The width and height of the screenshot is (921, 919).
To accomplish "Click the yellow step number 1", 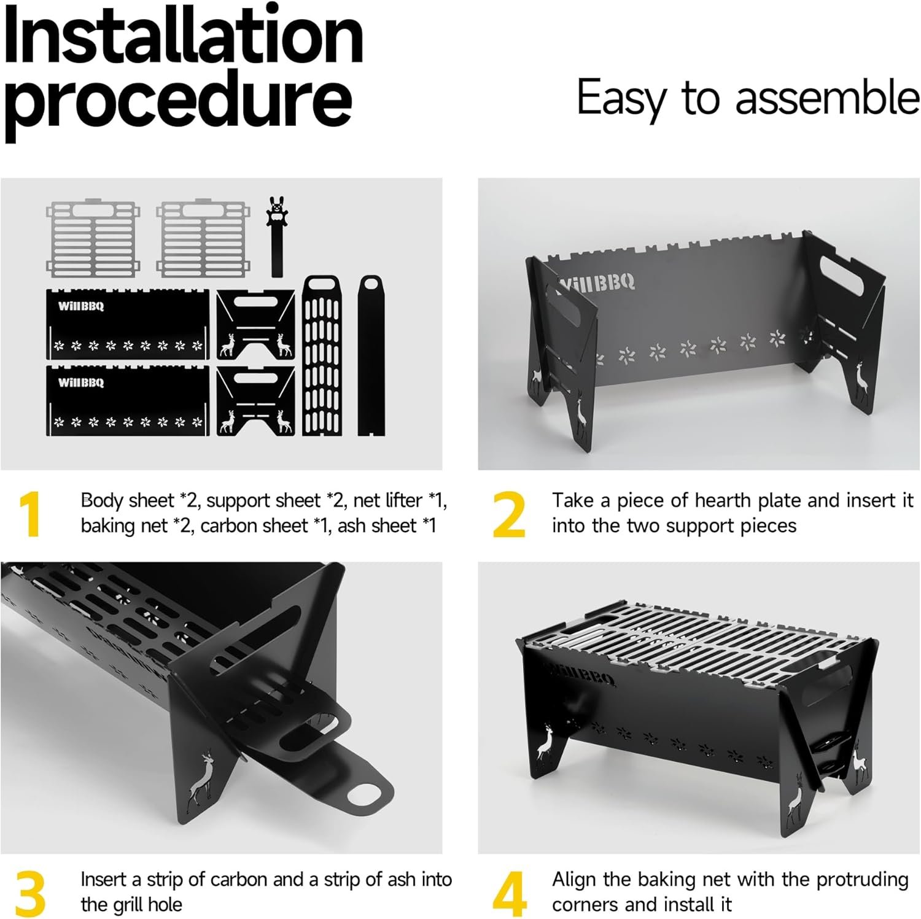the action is (29, 514).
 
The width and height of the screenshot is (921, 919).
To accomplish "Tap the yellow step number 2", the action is (509, 514).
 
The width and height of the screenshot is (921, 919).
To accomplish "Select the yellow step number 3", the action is (30, 893).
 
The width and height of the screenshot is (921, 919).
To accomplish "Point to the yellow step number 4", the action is (509, 893).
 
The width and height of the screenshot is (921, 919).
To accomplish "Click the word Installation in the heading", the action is (184, 35).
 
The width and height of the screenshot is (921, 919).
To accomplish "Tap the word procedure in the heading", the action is (179, 101).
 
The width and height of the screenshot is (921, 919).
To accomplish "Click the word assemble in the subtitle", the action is (828, 98).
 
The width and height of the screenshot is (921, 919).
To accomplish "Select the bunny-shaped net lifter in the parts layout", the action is (278, 236).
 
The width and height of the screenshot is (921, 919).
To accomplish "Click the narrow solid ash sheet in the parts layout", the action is (371, 356).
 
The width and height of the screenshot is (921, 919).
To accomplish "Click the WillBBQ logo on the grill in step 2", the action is (596, 283).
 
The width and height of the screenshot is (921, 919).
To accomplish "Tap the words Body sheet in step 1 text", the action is (127, 501).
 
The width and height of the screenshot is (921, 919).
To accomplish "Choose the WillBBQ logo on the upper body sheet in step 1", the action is (81, 306).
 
